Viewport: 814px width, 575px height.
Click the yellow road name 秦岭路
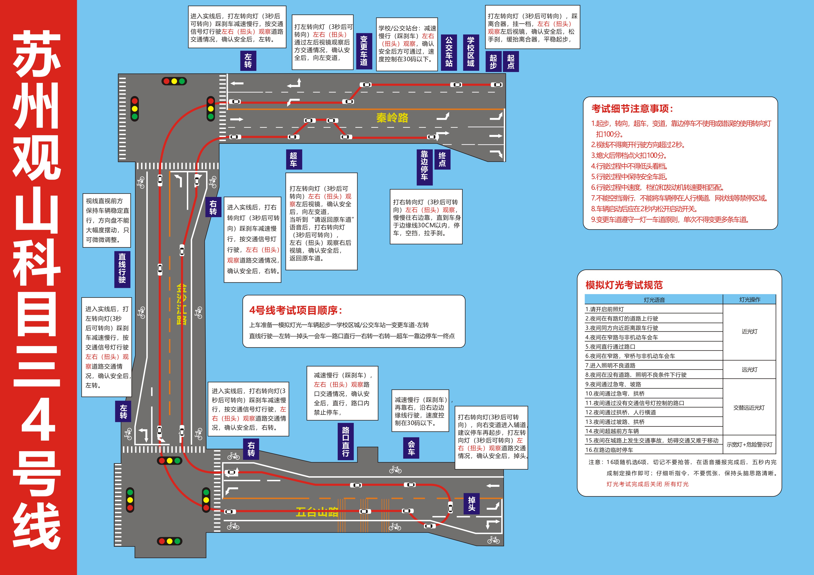pyautogui.click(x=392, y=118)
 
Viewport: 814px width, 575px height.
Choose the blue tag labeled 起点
pyautogui.click(x=511, y=62)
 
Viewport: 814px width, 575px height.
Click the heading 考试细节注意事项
pyautogui.click(x=632, y=109)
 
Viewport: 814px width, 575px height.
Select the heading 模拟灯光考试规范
pyautogui.click(x=624, y=285)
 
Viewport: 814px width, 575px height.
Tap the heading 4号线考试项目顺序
pyautogui.click(x=295, y=310)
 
